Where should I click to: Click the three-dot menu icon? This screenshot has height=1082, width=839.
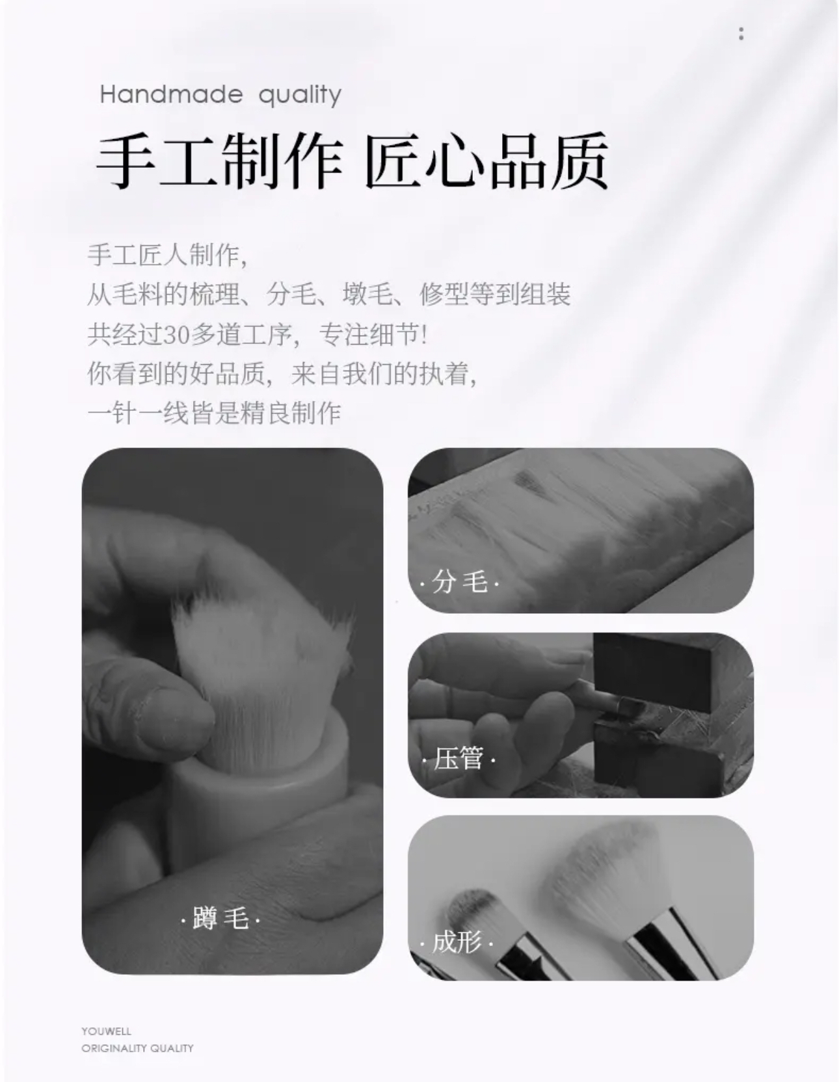point(741,34)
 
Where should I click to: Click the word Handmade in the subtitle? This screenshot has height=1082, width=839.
point(171,95)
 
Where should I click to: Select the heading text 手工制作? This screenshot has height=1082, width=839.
point(220,161)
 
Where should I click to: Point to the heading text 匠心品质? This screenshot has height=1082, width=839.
point(486,161)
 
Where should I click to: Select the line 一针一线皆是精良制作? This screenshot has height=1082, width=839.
point(214,413)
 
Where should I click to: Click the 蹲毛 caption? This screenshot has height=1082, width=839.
point(220,918)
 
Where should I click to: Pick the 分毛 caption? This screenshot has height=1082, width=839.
point(460,581)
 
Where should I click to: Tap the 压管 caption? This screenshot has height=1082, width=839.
point(459,758)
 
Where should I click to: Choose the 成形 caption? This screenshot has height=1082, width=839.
point(457,942)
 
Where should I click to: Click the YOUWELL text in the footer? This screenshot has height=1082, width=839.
point(106,1031)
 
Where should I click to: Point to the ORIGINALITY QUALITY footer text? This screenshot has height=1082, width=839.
point(137,1048)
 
